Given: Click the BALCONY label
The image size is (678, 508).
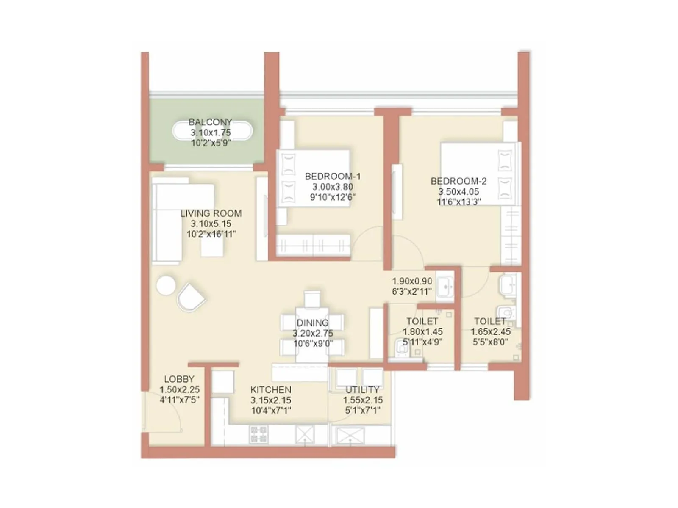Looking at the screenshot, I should (x=210, y=122).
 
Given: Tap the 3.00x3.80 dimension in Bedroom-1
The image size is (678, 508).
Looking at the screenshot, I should (x=333, y=187).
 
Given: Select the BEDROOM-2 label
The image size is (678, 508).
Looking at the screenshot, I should (x=458, y=181).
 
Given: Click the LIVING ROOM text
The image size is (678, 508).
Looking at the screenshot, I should (x=211, y=213).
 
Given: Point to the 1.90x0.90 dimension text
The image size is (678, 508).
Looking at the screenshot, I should (x=412, y=281).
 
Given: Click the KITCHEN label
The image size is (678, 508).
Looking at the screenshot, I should (x=270, y=389).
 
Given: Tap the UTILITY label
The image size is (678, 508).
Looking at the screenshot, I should (x=362, y=389).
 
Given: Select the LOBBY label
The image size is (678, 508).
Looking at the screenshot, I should (x=179, y=379).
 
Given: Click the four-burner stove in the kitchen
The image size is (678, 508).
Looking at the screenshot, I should (x=259, y=434).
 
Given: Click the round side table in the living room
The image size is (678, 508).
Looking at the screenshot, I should (x=166, y=285).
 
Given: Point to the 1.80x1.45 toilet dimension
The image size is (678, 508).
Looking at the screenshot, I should (x=422, y=332).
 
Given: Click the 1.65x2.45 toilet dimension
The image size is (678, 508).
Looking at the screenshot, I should (x=490, y=332).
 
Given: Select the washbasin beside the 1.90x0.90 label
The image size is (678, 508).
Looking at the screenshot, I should (x=445, y=286).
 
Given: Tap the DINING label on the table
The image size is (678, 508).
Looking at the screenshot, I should (x=313, y=323).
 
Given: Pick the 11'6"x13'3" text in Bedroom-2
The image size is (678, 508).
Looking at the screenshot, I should (x=459, y=202).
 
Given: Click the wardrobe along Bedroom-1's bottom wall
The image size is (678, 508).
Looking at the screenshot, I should (x=313, y=245).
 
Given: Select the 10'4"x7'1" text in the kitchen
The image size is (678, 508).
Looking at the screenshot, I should (x=271, y=410).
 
